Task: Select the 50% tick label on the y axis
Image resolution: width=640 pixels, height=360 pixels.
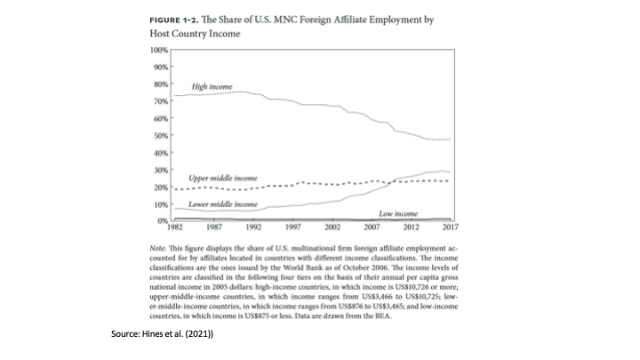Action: [161, 135]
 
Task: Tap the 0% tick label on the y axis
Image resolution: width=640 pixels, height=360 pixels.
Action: [163, 220]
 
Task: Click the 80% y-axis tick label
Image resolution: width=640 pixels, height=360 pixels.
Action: [161, 84]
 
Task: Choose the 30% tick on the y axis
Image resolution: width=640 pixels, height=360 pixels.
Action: [161, 169]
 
